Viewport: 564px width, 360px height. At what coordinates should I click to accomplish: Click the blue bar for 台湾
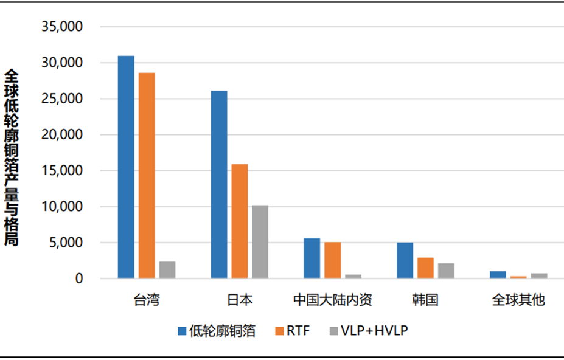click(x=126, y=167)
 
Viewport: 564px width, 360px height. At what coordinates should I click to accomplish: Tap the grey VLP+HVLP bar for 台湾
click(x=167, y=270)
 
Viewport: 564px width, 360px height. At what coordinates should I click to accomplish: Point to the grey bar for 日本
click(x=260, y=241)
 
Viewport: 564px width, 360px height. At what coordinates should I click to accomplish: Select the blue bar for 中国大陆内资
click(x=312, y=258)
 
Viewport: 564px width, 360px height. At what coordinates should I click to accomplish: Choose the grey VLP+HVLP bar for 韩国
click(x=446, y=271)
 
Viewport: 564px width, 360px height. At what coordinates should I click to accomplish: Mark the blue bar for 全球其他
click(x=498, y=275)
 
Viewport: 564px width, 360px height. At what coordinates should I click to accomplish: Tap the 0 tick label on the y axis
click(x=78, y=279)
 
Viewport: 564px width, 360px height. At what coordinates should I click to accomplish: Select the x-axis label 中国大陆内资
click(x=332, y=300)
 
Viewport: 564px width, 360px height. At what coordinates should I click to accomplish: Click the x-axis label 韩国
click(x=425, y=300)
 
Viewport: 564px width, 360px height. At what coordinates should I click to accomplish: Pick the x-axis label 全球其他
click(x=518, y=300)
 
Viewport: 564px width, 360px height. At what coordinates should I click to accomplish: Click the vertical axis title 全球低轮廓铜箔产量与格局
click(x=12, y=156)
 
